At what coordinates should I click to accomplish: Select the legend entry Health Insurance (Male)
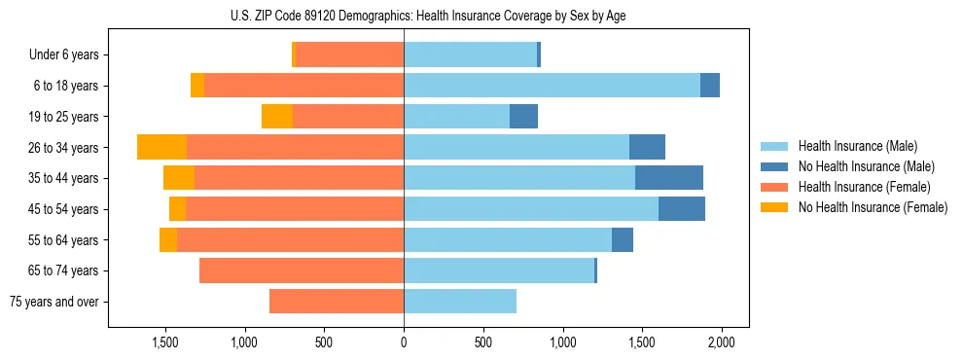[852, 146]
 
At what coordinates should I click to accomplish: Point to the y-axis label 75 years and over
[53, 302]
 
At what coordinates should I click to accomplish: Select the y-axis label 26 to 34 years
[63, 147]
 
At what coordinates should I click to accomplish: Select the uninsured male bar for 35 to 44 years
[669, 178]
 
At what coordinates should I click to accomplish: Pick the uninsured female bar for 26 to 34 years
[161, 147]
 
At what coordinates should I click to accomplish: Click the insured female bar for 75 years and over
[337, 302]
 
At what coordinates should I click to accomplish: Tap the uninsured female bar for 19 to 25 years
[277, 117]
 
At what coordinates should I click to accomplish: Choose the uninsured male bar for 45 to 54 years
[682, 209]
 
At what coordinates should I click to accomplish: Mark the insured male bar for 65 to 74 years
[499, 270]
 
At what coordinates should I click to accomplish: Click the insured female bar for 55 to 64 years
[290, 239]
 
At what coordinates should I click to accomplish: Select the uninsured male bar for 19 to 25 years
[523, 117]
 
